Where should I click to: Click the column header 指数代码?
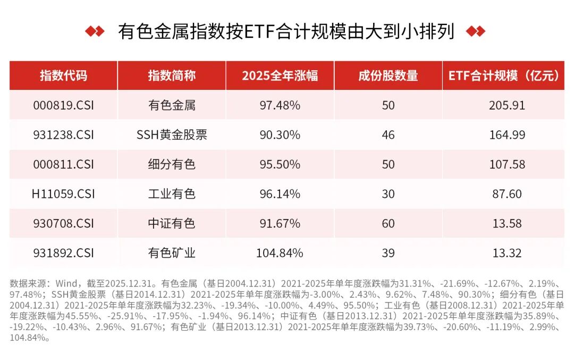coord(63,76)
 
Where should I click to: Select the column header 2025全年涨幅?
coord(280,76)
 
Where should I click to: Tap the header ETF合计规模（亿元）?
coord(503,76)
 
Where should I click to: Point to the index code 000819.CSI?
coord(63,105)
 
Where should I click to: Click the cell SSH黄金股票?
coord(172,135)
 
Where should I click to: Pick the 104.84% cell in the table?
coord(280,253)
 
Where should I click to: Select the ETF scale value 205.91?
coord(507,105)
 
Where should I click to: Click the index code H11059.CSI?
coord(63,194)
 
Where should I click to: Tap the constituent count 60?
coord(388,223)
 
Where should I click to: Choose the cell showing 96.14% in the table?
coord(280,194)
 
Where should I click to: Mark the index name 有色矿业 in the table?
coord(172,253)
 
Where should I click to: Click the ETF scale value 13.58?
coord(507,223)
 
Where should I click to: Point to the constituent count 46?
coord(388,135)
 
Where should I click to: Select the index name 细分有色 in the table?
coord(172,164)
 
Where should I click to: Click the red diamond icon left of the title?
coord(95,31)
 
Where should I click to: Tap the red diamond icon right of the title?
coord(475,31)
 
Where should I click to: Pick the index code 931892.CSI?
coord(63,253)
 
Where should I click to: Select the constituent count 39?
coord(388,253)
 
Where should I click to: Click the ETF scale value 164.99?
coord(507,135)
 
